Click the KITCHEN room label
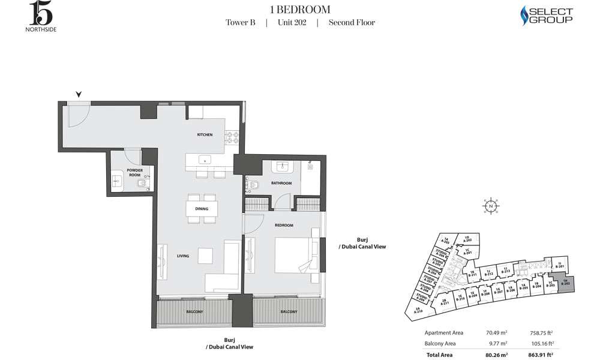pyautogui.click(x=205, y=135)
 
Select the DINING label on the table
pyautogui.click(x=202, y=209)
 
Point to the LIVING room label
pyautogui.click(x=183, y=256)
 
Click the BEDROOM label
pyautogui.click(x=284, y=225)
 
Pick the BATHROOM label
pyautogui.click(x=281, y=183)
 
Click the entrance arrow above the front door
pyautogui.click(x=79, y=94)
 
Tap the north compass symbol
pyautogui.click(x=491, y=205)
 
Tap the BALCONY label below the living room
pyautogui.click(x=194, y=312)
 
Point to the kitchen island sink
pyautogui.click(x=204, y=160)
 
